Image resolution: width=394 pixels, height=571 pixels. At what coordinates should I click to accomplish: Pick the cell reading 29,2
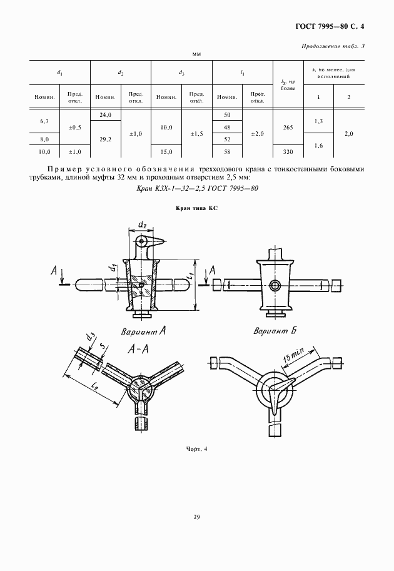pos(105,139)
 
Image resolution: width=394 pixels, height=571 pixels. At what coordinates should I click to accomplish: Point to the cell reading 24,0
pos(105,115)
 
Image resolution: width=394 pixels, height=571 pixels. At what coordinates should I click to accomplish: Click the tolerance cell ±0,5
pos(74,127)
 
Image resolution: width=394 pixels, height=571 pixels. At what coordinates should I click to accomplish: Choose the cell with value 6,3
pos(44,121)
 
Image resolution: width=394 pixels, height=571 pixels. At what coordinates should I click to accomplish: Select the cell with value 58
pos(227,151)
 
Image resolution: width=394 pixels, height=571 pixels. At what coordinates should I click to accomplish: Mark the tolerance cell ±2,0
pos(257,133)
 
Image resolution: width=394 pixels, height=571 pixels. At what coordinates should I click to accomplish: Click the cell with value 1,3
pos(318,121)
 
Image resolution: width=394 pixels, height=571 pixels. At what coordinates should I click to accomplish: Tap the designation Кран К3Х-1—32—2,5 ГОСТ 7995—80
pos(197,188)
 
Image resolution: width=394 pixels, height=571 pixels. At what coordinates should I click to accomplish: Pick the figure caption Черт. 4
pos(196,448)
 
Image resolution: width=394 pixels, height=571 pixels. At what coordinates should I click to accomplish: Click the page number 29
pos(196,517)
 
